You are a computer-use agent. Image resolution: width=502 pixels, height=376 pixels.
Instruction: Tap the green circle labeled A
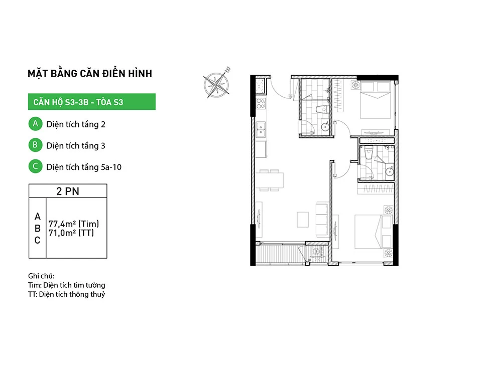[36, 124]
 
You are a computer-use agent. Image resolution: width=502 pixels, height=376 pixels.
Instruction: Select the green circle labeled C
[36, 166]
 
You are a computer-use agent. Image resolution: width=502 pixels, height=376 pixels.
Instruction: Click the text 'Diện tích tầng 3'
[76, 146]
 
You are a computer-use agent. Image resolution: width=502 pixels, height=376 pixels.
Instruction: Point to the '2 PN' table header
[68, 191]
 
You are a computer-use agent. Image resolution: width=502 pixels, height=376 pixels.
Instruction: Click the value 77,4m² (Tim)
[74, 224]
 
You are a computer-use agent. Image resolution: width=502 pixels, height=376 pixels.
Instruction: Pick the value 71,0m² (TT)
[71, 233]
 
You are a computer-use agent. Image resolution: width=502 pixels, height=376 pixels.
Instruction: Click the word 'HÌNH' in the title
[140, 74]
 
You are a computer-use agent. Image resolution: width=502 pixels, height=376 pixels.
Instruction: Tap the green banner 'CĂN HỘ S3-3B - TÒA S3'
[92, 102]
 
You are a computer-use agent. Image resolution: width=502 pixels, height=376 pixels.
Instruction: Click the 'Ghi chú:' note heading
[41, 276]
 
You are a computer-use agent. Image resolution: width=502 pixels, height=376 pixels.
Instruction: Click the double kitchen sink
[261, 129]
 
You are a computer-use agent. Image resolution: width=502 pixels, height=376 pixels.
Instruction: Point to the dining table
[270, 180]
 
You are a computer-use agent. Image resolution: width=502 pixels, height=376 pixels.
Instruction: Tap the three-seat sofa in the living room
[322, 220]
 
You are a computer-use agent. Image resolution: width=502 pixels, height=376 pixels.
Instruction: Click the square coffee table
[303, 220]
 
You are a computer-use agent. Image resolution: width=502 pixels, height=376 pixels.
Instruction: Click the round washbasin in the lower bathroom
[390, 171]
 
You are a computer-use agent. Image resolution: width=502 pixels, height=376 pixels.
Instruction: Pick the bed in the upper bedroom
[375, 100]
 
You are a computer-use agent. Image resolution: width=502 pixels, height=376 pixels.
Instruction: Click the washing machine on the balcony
[317, 252]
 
